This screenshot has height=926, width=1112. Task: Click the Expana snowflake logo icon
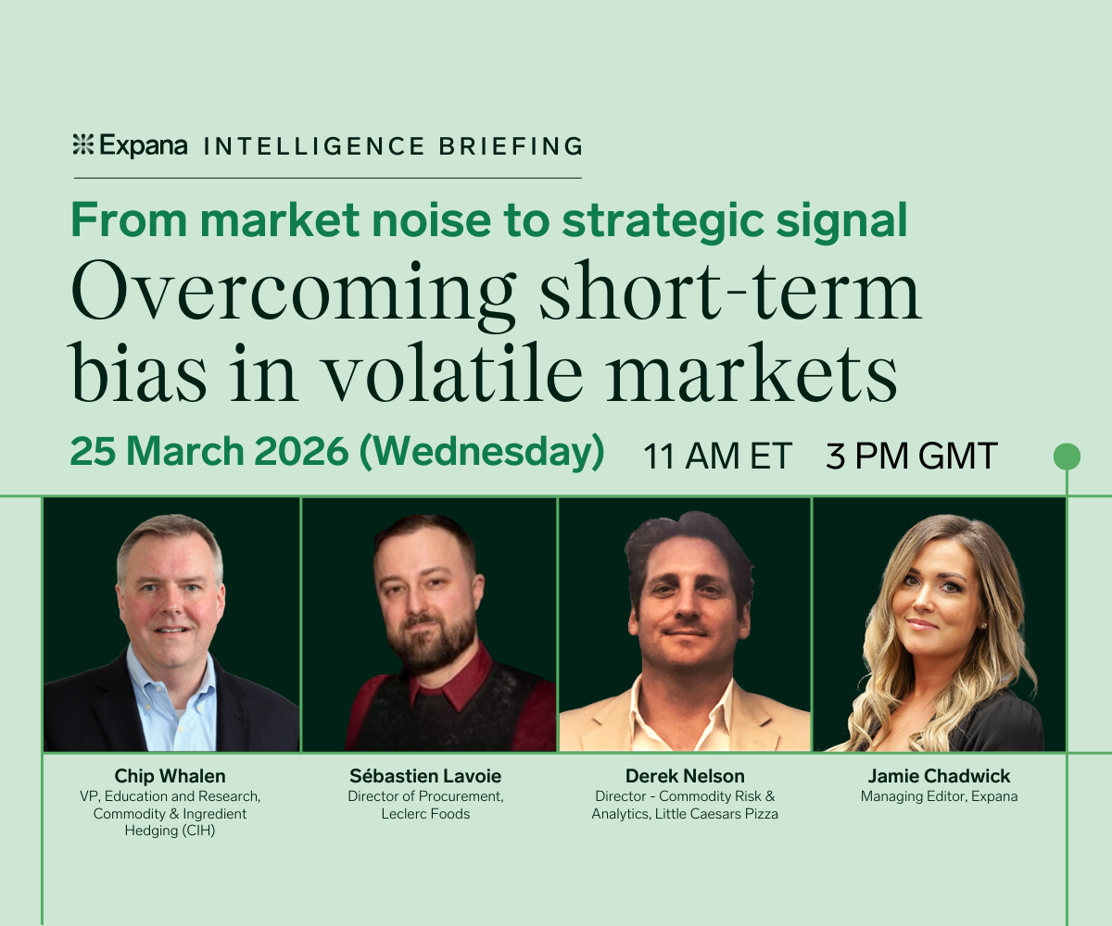(x=83, y=144)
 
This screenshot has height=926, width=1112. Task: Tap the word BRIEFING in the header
(x=511, y=146)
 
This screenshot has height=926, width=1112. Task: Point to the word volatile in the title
(x=453, y=371)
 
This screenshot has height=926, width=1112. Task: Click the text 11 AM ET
(x=717, y=457)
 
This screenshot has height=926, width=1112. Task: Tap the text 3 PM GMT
(x=911, y=457)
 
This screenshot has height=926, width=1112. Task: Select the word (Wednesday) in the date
(x=482, y=452)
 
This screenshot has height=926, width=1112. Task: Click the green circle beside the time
(x=1067, y=457)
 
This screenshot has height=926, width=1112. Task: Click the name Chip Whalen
(x=170, y=776)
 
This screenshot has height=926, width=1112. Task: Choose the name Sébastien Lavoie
(x=425, y=776)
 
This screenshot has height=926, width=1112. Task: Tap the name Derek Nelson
(x=685, y=776)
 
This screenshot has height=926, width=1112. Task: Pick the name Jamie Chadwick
(x=939, y=776)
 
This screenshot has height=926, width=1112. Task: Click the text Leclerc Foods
(x=425, y=814)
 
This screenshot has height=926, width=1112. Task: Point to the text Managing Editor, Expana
(x=939, y=796)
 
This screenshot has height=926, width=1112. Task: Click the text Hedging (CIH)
(x=170, y=831)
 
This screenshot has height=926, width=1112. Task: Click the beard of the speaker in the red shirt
(x=430, y=642)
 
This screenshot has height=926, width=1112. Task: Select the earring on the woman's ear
(x=983, y=626)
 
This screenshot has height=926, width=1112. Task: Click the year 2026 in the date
(x=301, y=452)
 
